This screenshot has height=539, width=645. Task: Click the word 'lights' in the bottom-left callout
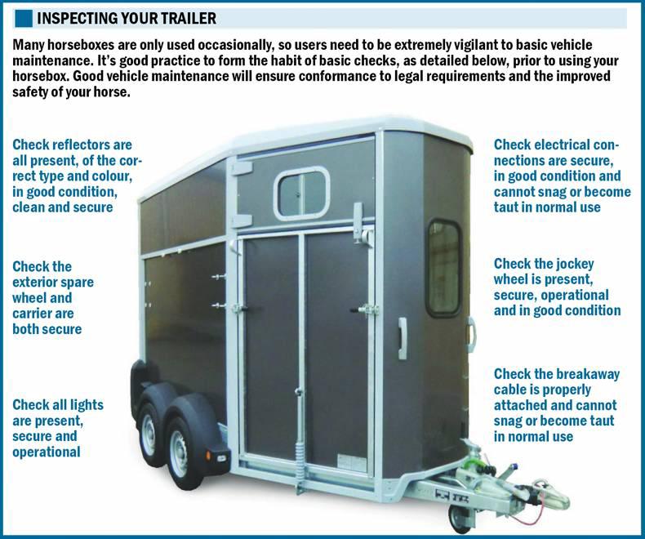click(x=86, y=405)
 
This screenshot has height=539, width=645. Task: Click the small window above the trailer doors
click(x=303, y=192)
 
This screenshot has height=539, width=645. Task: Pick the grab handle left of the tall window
click(x=403, y=333)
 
